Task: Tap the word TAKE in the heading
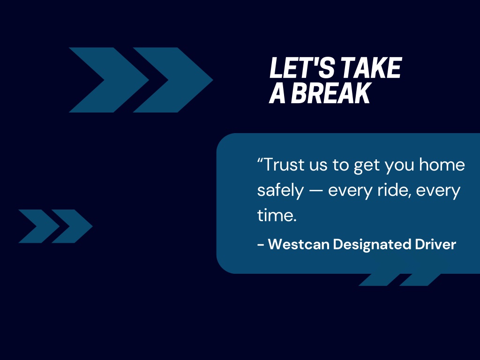(371, 67)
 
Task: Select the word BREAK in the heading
(331, 93)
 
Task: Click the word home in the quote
(442, 165)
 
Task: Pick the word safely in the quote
(280, 191)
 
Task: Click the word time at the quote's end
(276, 215)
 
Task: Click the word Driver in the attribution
(435, 245)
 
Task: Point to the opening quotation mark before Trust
(260, 160)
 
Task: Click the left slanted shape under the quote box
(379, 280)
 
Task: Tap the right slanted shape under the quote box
(420, 280)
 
